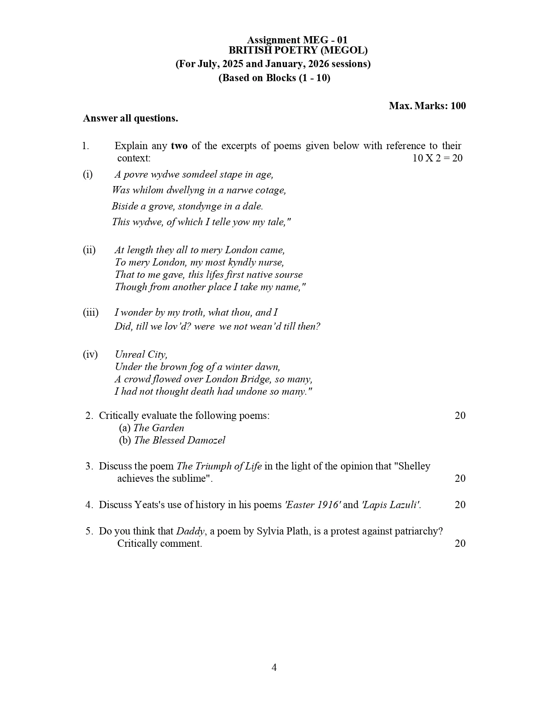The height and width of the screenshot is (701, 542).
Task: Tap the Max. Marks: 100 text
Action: pos(427,106)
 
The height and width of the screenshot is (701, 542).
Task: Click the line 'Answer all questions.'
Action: pos(131,118)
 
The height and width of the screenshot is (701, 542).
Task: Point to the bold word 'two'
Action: pos(179,146)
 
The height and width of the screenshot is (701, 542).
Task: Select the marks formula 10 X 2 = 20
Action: pos(437,158)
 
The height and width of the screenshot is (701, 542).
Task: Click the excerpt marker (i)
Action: pos(88,174)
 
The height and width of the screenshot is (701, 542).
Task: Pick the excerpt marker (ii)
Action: pos(89,250)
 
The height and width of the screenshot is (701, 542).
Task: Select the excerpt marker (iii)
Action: pos(91,312)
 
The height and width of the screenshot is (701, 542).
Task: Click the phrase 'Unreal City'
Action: pos(141,354)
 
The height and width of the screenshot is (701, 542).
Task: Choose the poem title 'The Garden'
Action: pos(159,428)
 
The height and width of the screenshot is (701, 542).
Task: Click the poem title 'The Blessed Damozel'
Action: pos(179,440)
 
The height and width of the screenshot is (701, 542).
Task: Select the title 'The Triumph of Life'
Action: pos(219,466)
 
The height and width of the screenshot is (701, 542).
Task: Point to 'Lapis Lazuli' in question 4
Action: pos(391,505)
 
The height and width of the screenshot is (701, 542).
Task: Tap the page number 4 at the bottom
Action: pos(274,667)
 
